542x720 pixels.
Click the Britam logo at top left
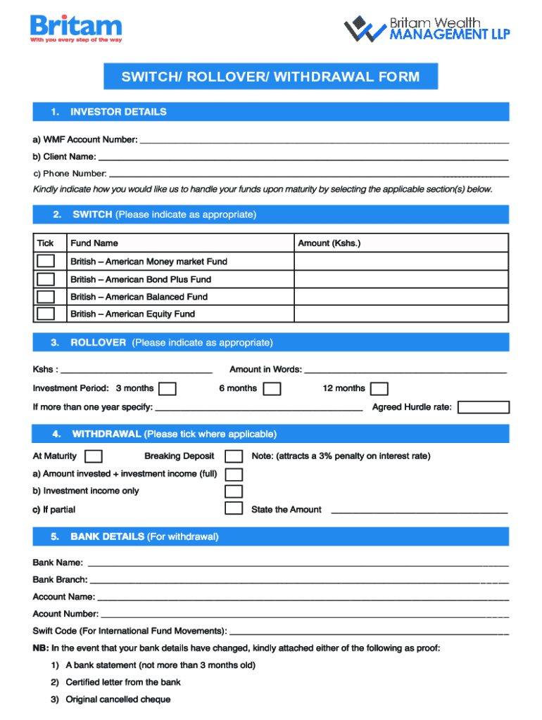coord(76,29)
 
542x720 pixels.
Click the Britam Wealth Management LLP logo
coord(427,29)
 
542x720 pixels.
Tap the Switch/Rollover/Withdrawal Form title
coord(270,77)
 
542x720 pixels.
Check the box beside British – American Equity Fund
coord(46,314)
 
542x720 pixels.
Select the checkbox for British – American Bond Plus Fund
coord(46,279)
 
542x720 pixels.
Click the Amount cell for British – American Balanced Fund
coord(401,297)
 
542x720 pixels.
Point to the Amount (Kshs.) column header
coord(329,243)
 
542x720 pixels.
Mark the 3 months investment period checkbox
coord(167,389)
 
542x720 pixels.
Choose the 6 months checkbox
coord(272,389)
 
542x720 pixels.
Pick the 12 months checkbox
coord(379,389)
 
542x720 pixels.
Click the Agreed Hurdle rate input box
coord(483,407)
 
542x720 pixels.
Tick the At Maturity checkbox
coord(93,456)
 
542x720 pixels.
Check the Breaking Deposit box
coord(234,456)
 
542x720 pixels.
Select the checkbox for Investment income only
coord(234,491)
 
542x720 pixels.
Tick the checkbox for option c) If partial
coord(234,508)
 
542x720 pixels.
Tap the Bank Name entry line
coord(296,563)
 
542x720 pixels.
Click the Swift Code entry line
coord(369,631)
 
